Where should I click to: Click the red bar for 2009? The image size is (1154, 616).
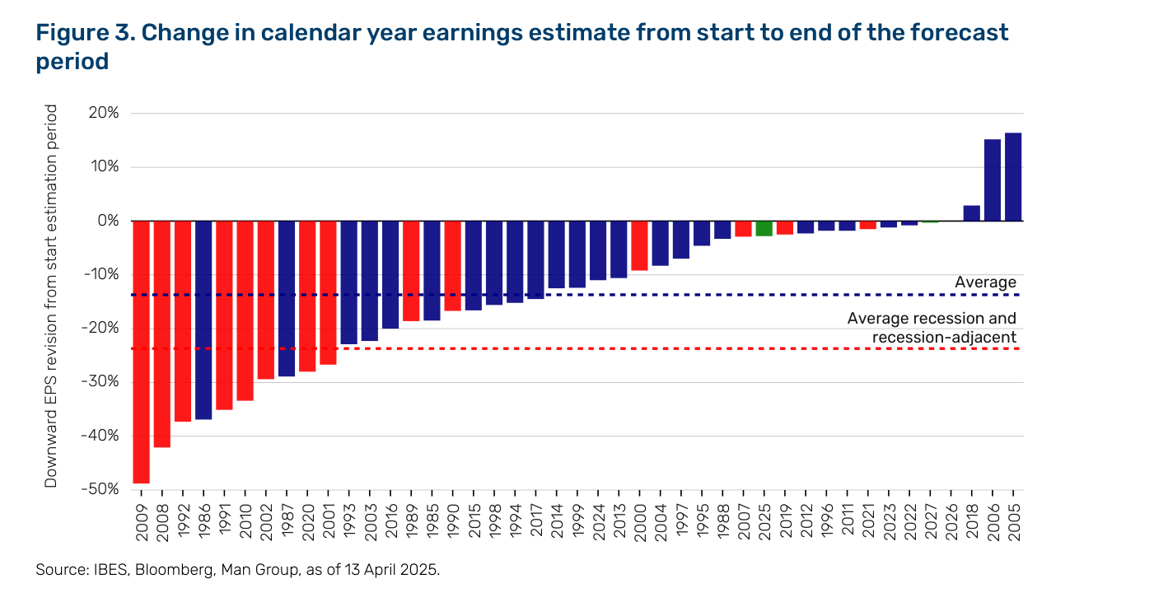point(141,352)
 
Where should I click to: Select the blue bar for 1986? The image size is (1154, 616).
point(203,320)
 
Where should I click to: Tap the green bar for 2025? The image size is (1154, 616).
point(764,229)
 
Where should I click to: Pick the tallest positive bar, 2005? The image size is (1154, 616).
point(1013,177)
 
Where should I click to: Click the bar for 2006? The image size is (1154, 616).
point(993,180)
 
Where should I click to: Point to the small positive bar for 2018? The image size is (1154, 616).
point(972,213)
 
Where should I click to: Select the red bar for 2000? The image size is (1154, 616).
point(639,245)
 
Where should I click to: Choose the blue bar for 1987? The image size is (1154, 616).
point(287,299)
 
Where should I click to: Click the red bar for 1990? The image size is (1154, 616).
point(453,266)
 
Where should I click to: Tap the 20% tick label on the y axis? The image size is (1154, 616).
point(104,113)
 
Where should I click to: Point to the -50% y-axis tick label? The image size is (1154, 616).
point(100,489)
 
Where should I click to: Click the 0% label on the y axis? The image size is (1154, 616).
point(108,221)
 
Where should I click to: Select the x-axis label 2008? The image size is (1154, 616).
point(162,523)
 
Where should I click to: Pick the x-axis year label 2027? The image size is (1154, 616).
point(931,522)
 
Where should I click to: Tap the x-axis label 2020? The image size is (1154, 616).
point(307,522)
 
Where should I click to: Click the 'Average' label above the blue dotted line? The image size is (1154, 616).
point(985,282)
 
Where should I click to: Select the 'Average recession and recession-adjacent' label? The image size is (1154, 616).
point(932,328)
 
